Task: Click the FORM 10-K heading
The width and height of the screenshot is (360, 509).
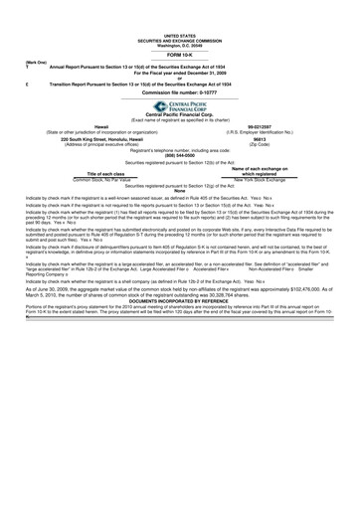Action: point(180,27)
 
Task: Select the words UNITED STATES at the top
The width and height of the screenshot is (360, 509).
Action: point(180,5)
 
